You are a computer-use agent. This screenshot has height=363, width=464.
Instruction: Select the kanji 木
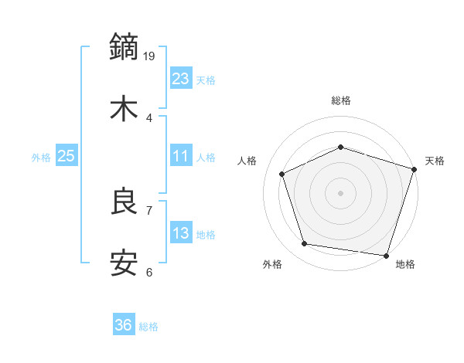tap(125, 109)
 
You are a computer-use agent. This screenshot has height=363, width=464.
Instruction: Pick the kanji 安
tap(125, 263)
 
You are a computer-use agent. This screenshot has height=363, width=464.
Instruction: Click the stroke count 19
tap(150, 56)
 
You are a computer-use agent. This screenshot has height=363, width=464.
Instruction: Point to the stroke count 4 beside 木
tap(149, 117)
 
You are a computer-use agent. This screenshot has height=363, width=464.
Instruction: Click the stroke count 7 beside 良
tap(149, 210)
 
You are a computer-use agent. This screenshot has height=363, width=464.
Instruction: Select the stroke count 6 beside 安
tap(149, 272)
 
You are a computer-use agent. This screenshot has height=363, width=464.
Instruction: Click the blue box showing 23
tap(180, 78)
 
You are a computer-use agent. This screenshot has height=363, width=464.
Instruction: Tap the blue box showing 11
tap(180, 156)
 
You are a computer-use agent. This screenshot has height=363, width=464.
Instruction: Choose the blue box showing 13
tap(180, 233)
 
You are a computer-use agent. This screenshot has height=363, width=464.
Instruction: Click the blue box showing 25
tap(66, 156)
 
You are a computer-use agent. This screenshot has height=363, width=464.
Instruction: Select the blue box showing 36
tap(123, 325)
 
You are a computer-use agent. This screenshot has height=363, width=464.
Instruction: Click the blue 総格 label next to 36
tap(148, 327)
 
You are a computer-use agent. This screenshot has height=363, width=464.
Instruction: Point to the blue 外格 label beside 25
tap(41, 158)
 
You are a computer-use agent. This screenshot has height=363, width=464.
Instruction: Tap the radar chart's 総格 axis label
tap(340, 100)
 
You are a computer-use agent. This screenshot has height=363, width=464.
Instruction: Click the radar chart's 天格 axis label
tap(435, 161)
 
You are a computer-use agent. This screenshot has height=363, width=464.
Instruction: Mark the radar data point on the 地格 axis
tap(386, 255)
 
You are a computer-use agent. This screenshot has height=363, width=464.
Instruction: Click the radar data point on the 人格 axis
tap(282, 174)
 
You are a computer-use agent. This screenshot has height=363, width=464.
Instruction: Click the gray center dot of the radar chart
tap(340, 192)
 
